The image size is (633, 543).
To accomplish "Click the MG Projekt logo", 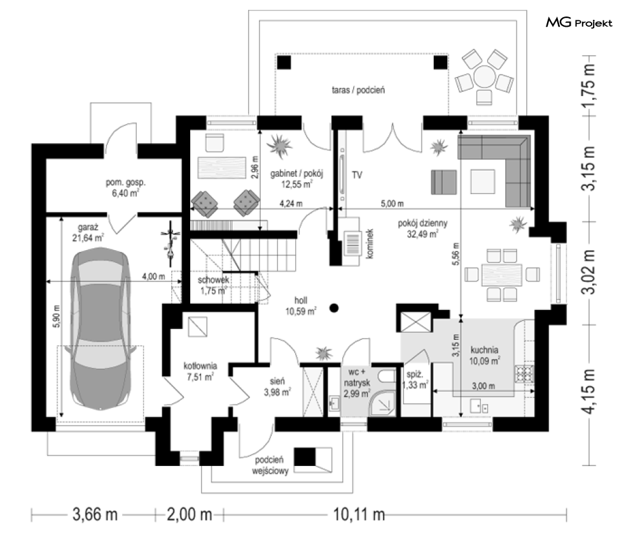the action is [579, 23].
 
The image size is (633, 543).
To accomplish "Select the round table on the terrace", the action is [484, 77].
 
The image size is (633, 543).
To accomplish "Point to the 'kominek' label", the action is [371, 244].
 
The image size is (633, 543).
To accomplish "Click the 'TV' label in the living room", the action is [357, 175].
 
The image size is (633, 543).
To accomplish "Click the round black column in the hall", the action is [333, 308].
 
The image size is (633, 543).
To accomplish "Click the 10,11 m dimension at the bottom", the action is [359, 515].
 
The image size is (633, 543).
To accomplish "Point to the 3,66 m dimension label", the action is [95, 515].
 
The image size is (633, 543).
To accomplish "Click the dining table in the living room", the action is [502, 275].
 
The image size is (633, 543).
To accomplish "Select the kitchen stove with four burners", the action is [524, 374].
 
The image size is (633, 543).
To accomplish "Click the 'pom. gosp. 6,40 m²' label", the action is [125, 188].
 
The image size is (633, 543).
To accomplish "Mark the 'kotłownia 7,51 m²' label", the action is [200, 371].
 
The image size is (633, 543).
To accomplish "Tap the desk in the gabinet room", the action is [221, 167].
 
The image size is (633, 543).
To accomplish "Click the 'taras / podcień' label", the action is [358, 90].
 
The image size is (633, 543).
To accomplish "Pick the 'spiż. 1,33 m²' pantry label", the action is [415, 380].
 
